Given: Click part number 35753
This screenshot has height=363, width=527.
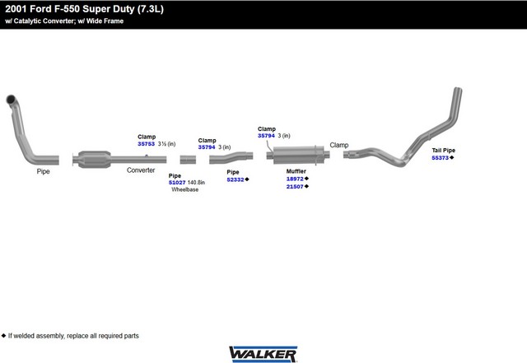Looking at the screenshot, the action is [x=147, y=144].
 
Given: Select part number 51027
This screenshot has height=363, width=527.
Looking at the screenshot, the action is [x=177, y=183].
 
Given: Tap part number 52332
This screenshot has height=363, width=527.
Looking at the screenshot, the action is [x=236, y=179].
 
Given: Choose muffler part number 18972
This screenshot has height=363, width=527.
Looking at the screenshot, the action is [x=295, y=179].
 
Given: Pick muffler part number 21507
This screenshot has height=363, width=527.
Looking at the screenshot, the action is [x=295, y=187].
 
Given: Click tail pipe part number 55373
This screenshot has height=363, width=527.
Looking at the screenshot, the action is [x=441, y=158].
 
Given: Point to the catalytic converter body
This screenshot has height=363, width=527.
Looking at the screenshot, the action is [x=94, y=160].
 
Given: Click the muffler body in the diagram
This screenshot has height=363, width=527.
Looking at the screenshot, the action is [x=298, y=155].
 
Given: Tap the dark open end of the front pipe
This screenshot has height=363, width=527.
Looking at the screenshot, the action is [x=11, y=99].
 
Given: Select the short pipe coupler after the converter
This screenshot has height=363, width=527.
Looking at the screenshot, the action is [x=188, y=160].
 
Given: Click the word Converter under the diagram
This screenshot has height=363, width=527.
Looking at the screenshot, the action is [x=141, y=170].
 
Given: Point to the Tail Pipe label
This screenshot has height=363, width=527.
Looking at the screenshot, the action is [x=443, y=151].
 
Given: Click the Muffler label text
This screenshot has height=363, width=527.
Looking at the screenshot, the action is [x=296, y=171].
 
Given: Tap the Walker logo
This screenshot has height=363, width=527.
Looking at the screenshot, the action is [x=263, y=354].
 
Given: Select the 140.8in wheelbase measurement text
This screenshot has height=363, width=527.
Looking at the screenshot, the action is [x=196, y=183].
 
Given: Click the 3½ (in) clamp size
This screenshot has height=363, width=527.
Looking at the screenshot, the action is [x=166, y=144].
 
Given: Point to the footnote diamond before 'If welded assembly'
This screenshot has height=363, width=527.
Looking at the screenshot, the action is [x=3, y=336].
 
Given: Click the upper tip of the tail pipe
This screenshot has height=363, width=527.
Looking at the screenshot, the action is [x=458, y=89].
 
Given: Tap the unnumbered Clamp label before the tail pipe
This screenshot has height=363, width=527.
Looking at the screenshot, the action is [x=338, y=145].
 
